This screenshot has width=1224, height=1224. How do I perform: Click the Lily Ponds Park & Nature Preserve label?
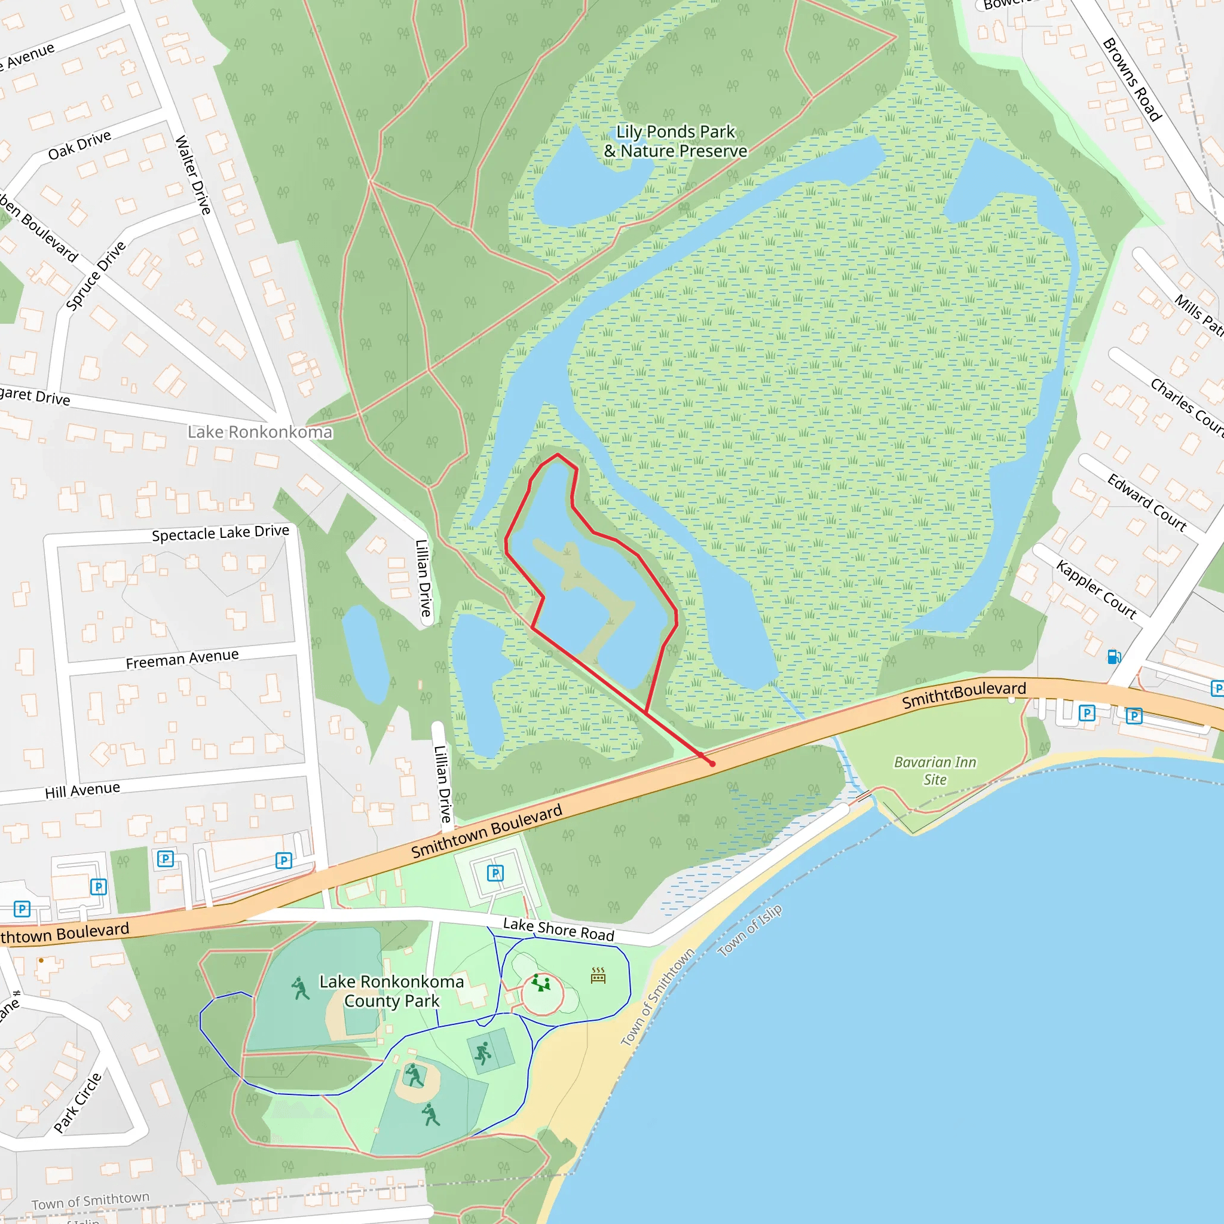(x=675, y=141)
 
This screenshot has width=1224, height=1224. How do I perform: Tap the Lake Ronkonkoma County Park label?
(x=391, y=991)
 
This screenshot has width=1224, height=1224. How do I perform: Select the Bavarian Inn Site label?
(x=935, y=770)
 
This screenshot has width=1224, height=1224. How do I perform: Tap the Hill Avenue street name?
(x=82, y=791)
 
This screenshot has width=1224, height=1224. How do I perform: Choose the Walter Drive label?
(x=192, y=175)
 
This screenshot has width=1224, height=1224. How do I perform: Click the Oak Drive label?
(x=80, y=145)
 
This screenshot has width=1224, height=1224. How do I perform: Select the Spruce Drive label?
(x=96, y=276)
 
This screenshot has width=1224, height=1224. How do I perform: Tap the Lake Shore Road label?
(x=558, y=929)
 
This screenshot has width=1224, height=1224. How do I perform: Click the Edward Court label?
(x=1147, y=503)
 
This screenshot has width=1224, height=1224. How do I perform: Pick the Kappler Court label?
(x=1096, y=589)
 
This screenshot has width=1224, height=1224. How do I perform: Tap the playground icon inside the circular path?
(x=540, y=983)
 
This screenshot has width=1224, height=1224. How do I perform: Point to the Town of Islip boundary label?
(x=750, y=931)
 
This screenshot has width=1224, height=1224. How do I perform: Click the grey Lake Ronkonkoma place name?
(x=260, y=432)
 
